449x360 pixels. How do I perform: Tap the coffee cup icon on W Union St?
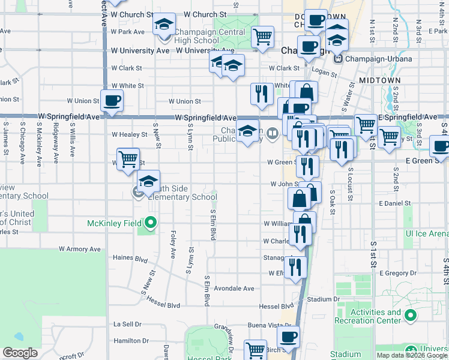112,101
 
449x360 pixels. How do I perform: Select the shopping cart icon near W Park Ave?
262,37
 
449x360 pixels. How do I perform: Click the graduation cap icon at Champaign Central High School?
163,25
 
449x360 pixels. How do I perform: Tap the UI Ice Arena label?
427,233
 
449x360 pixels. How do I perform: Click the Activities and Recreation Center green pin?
411,315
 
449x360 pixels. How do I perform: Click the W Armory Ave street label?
79,248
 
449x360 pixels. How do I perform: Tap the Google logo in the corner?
20,353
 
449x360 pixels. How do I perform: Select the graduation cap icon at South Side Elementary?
149,181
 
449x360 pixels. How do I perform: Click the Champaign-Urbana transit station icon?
338,59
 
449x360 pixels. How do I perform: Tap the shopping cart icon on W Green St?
128,160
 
